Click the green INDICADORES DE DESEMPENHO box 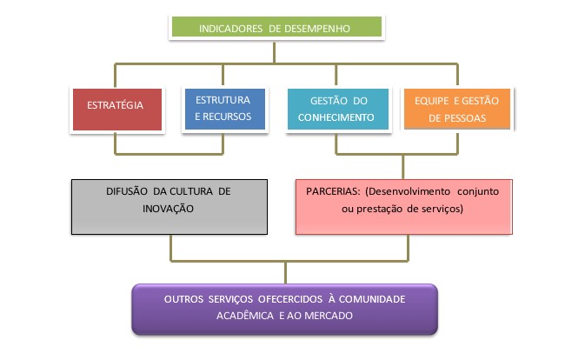(x=274, y=28)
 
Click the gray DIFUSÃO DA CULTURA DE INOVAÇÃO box (x=168, y=207)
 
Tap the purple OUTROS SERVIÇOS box (x=284, y=308)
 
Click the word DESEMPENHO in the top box (x=316, y=29)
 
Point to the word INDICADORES (x=230, y=29)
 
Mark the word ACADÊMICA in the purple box (x=247, y=316)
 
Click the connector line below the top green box (x=274, y=50)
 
